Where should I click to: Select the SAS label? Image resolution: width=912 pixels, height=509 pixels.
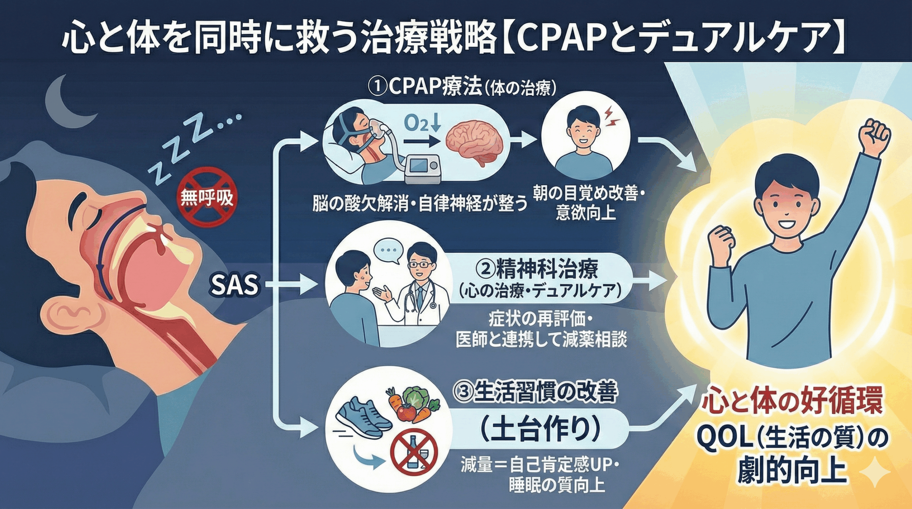(234, 285)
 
